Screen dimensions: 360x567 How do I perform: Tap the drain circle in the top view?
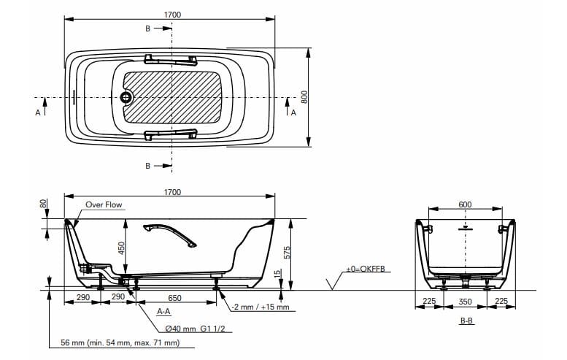tap(126, 97)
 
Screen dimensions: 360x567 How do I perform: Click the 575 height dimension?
tap(287, 253)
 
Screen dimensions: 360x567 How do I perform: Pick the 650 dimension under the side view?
tap(174, 298)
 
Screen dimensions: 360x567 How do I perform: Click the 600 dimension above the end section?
tap(465, 204)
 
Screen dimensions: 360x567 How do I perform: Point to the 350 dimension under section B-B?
tap(465, 301)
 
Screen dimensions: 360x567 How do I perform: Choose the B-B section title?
tap(466, 321)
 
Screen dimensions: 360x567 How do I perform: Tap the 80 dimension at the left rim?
tap(42, 204)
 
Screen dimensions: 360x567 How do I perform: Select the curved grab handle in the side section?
tap(171, 233)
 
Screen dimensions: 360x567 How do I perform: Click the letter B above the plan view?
tap(148, 28)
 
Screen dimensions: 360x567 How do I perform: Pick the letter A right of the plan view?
tap(293, 113)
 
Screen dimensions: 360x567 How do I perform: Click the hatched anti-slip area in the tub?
tap(173, 97)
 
